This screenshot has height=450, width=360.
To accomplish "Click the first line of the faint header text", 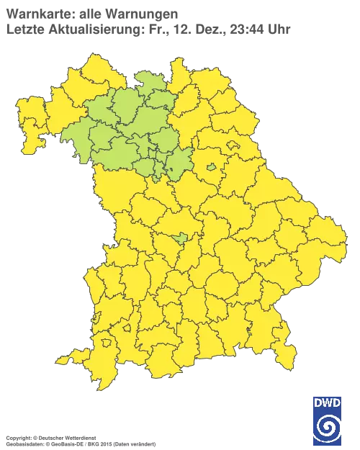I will [x=90, y=12].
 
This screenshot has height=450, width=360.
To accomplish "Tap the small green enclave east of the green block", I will [x=211, y=168].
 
